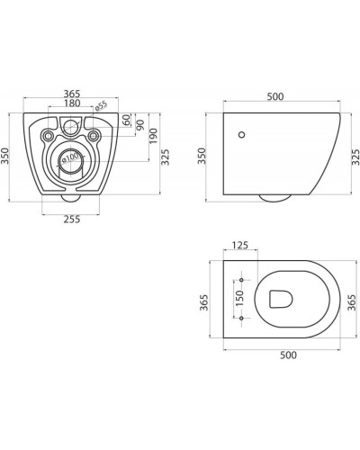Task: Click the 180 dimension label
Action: [x=72, y=103]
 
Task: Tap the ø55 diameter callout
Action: [x=101, y=106]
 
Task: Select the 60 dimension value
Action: [x=127, y=120]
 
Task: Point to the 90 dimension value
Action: [x=140, y=125]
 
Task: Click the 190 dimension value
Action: [x=153, y=136]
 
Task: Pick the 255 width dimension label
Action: [x=72, y=220]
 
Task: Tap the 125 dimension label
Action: [x=240, y=246]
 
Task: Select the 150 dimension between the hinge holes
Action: [x=239, y=298]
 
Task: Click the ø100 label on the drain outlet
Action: [x=69, y=157]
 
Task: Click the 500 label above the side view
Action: [x=275, y=96]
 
